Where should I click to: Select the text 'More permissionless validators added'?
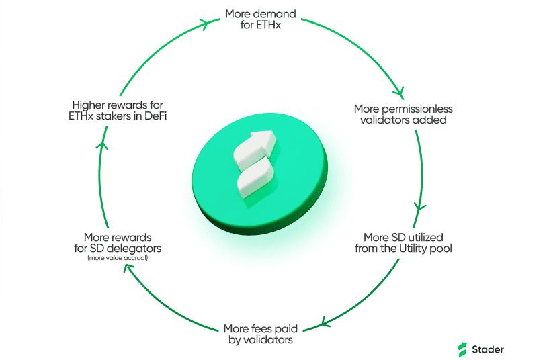[x=403, y=114]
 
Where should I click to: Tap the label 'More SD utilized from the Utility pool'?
[x=407, y=242]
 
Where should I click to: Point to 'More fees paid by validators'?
[x=261, y=334]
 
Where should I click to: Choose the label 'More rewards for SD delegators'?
[x=118, y=242]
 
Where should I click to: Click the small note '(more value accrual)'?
[x=118, y=257]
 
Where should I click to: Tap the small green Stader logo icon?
[x=462, y=349]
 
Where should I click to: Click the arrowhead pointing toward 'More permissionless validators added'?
[x=401, y=93]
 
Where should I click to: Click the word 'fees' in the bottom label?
[x=259, y=328]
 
